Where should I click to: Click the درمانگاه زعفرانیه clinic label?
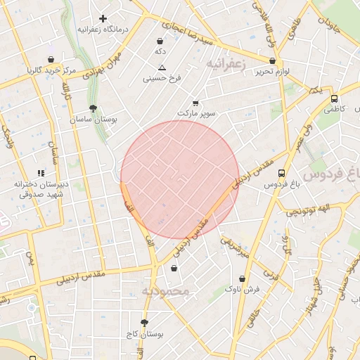click(x=103, y=30)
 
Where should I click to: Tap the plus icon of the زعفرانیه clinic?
click(x=103, y=18)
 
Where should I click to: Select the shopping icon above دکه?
click(x=160, y=41)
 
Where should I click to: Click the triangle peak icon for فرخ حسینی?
click(x=162, y=67)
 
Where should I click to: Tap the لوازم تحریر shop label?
click(x=274, y=72)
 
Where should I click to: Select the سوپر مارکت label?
click(x=196, y=113)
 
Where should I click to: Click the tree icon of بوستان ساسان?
click(x=93, y=108)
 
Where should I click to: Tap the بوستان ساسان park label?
click(x=93, y=120)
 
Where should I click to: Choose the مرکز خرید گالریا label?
click(x=51, y=70)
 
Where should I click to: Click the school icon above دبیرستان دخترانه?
click(x=40, y=173)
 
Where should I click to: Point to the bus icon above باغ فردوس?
click(x=282, y=173)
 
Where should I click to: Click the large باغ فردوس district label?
click(x=330, y=174)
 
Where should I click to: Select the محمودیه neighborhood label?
click(x=165, y=290)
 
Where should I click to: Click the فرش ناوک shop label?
click(x=243, y=289)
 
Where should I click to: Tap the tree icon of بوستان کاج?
click(x=145, y=323)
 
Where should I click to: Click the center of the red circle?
click(x=180, y=180)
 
